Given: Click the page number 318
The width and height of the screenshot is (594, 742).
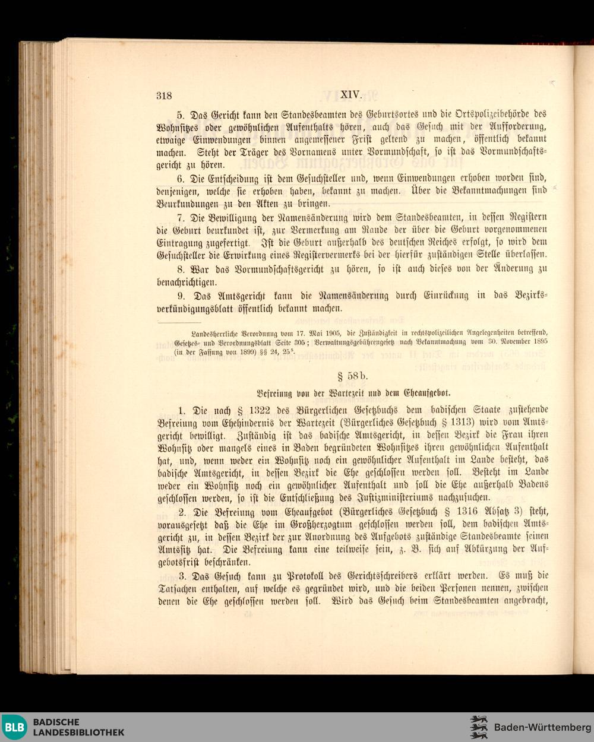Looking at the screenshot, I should [164, 95].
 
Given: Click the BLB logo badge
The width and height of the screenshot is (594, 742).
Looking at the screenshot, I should [15, 727].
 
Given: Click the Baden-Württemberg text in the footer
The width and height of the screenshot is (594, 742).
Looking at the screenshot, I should [542, 727].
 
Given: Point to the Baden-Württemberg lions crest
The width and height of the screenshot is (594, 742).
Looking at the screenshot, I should [479, 727].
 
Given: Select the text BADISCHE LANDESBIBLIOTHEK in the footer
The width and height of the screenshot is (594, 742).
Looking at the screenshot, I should [78, 727].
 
